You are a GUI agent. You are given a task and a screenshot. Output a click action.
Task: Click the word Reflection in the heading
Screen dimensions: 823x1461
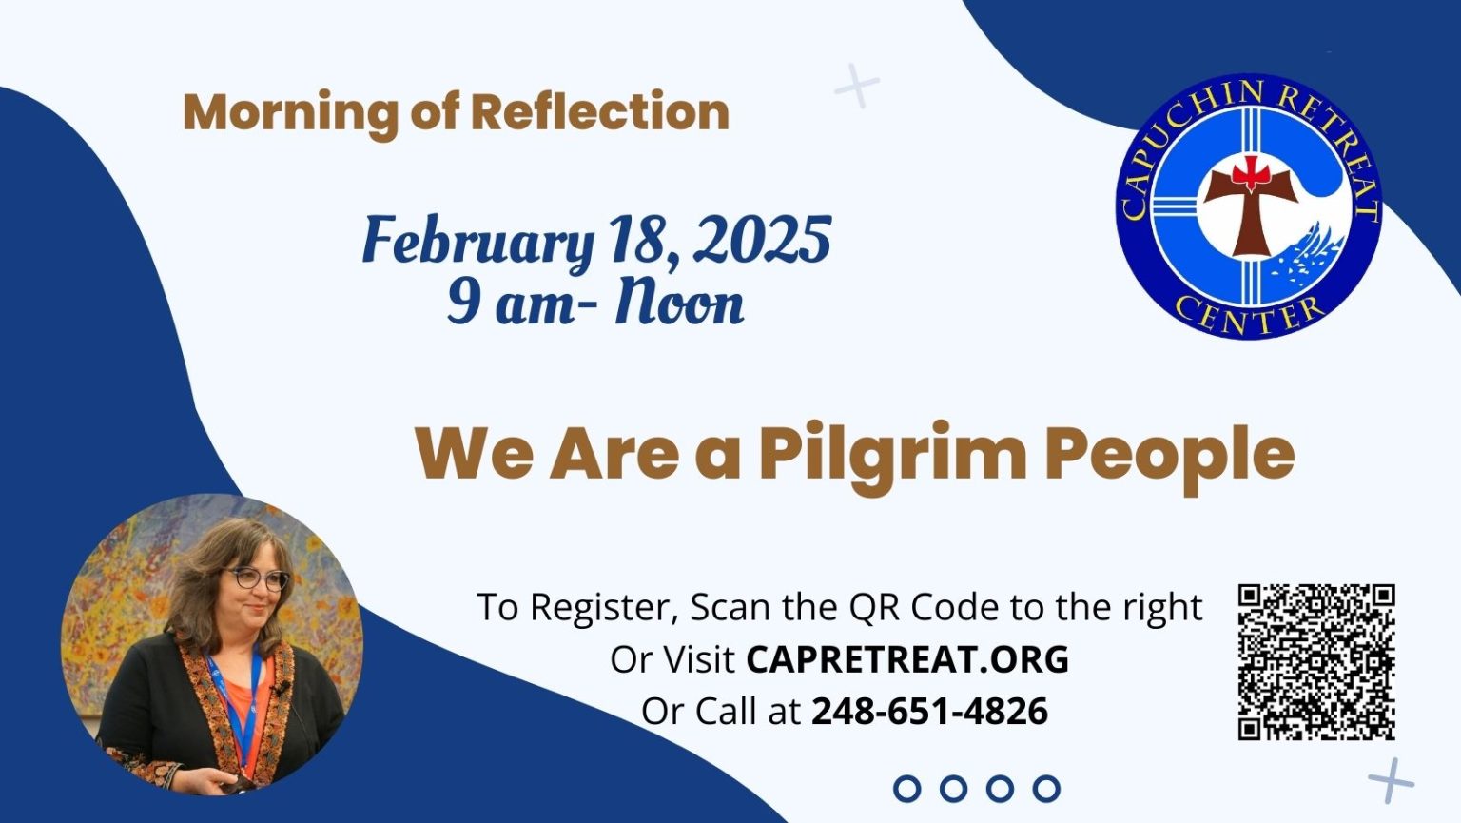[x=599, y=112]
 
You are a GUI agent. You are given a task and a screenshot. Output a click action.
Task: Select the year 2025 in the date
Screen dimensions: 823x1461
[x=762, y=240]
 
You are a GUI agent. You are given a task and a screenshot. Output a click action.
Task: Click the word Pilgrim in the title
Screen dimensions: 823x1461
[x=892, y=455]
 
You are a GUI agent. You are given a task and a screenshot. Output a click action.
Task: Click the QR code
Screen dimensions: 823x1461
[x=1316, y=662]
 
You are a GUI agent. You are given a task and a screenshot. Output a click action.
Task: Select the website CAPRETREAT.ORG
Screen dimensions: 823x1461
[x=907, y=659]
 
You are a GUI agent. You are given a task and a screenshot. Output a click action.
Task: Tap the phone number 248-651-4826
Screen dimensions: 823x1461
[x=929, y=711]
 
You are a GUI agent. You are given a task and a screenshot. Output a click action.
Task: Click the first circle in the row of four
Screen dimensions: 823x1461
[x=907, y=788]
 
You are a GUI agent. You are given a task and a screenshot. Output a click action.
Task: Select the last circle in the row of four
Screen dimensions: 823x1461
[x=1046, y=788]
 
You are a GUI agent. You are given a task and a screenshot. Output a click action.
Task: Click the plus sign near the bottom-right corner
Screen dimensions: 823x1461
[x=1392, y=780]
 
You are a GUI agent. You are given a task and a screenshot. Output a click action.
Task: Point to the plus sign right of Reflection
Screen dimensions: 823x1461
[x=856, y=87]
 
